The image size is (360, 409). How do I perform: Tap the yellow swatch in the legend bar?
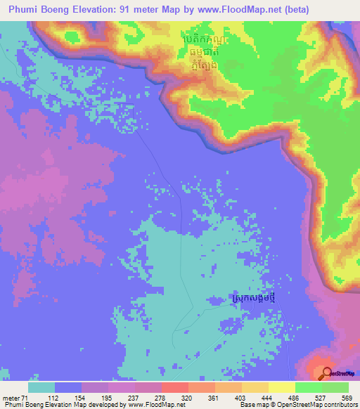coord(282,387)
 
